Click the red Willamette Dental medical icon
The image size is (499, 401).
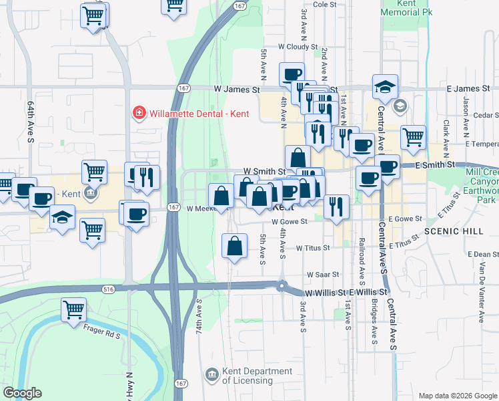coord(139,113)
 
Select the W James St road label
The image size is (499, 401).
coord(236,89)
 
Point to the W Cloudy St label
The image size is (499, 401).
coord(298,47)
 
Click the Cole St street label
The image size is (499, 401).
coord(325,4)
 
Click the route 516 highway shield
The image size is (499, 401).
coord(108,289)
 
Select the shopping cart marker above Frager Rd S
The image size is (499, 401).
coord(74,309)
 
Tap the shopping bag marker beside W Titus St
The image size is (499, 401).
coord(234,245)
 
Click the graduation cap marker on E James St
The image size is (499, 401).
coord(385,86)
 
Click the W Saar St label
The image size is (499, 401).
coord(323,274)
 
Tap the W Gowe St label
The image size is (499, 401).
coord(289,221)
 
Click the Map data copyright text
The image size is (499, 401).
coord(457,395)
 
